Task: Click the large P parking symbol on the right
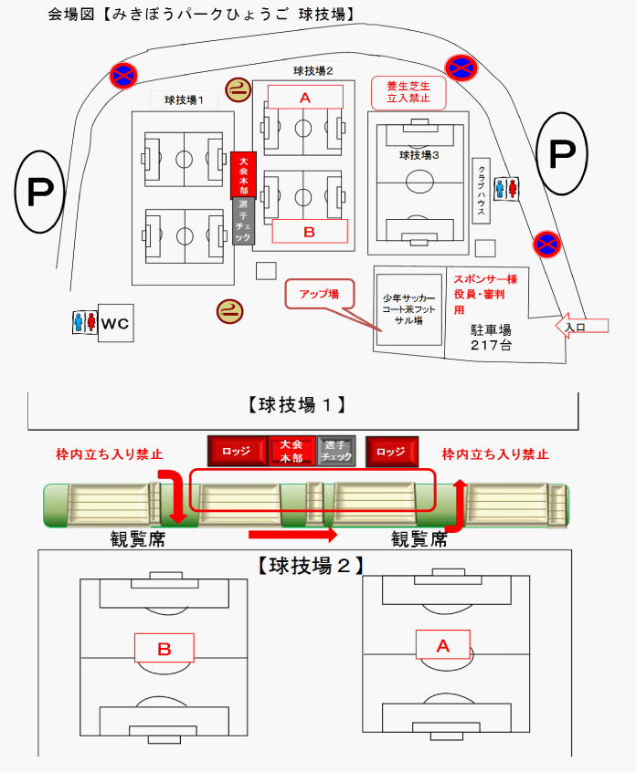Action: [560, 154]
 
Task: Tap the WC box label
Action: [115, 323]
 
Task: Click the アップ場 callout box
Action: [320, 294]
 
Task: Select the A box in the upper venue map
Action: [305, 97]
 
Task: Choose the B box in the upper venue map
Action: [309, 232]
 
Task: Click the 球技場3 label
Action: [419, 155]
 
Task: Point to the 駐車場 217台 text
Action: [491, 339]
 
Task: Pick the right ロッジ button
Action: [391, 451]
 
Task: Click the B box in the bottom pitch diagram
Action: [164, 649]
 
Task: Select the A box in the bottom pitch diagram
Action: [443, 645]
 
